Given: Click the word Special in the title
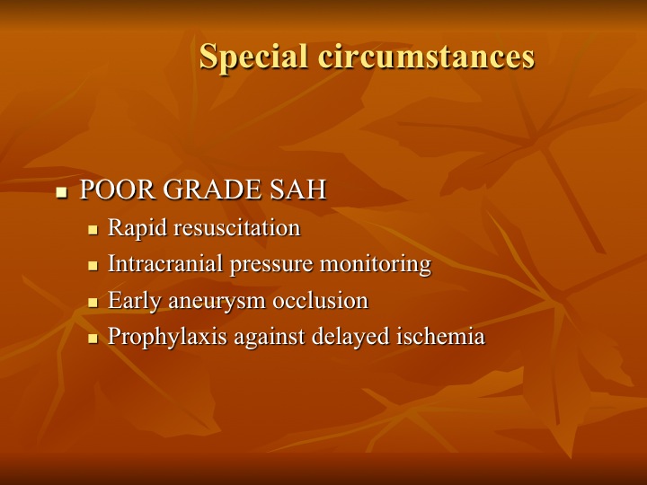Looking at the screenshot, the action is pos(253,57).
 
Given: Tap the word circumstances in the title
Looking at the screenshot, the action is pos(427,56).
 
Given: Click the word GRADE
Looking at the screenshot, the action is pos(212,190).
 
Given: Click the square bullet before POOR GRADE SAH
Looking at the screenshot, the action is pos(61,192).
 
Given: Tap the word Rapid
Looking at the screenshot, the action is pos(137,228).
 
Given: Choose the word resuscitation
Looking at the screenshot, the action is pos(237,227).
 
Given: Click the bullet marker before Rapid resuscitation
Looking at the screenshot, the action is pos(93,229).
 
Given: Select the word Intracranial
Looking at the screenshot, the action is pos(165,263).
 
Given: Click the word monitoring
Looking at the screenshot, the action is pos(376,264).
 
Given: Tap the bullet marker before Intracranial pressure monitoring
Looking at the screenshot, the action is pos(93,266).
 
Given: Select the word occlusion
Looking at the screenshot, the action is pos(321,300).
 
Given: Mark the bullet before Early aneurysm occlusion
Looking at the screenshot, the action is pos(93,303).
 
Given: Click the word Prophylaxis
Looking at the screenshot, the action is pos(167,337).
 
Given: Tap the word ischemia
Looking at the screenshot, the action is pos(440,336).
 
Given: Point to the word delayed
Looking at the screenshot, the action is pos(350,337).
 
